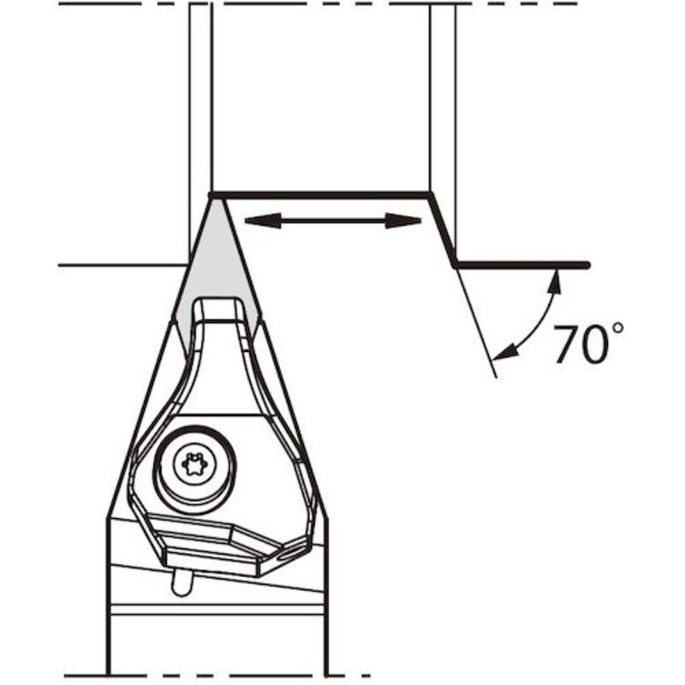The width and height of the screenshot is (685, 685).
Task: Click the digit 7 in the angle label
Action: click(x=568, y=344)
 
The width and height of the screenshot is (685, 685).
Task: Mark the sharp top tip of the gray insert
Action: click(x=212, y=196)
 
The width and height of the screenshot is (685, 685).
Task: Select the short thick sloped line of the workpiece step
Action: click(x=443, y=229)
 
